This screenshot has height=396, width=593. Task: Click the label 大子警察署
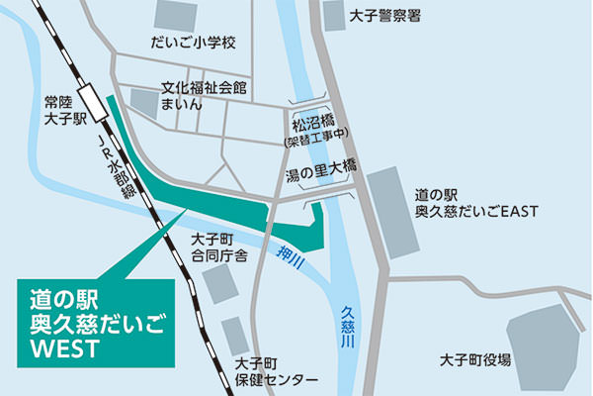[x=386, y=16]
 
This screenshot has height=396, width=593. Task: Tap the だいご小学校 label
[x=194, y=43]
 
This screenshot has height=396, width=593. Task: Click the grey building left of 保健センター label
[x=235, y=335]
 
